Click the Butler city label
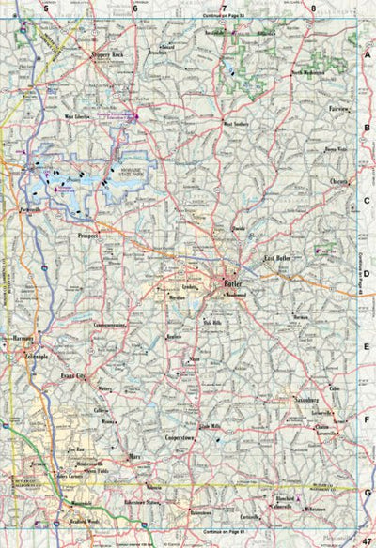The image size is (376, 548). pos(232,281)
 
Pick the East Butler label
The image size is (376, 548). pos(281,257)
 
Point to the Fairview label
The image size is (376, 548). pos(339,110)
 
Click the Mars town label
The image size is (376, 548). pos(135,456)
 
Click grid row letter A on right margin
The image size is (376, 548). pos(368,55)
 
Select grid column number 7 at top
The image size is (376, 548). pos(223,8)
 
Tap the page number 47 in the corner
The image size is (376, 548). pos(367,539)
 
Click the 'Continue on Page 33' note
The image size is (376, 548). pos(224,17)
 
